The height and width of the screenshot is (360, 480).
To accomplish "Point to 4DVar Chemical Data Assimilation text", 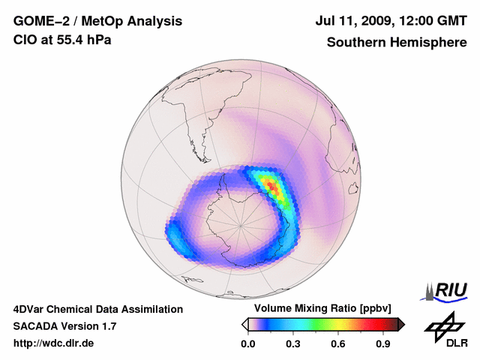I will tap(97, 309).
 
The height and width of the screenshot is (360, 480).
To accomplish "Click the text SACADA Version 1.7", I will tap(64, 326).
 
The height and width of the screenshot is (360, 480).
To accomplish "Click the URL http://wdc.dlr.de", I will tap(54, 343).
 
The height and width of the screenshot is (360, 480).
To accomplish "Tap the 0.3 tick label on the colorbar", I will tap(292, 343).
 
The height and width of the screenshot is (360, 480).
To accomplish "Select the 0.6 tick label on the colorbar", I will tap(338, 343).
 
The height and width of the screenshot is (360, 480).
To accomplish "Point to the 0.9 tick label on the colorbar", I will tap(383, 343).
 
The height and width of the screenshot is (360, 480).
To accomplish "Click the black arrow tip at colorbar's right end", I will tap(401, 324).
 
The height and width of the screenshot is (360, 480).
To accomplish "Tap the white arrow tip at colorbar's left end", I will tap(244, 324).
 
